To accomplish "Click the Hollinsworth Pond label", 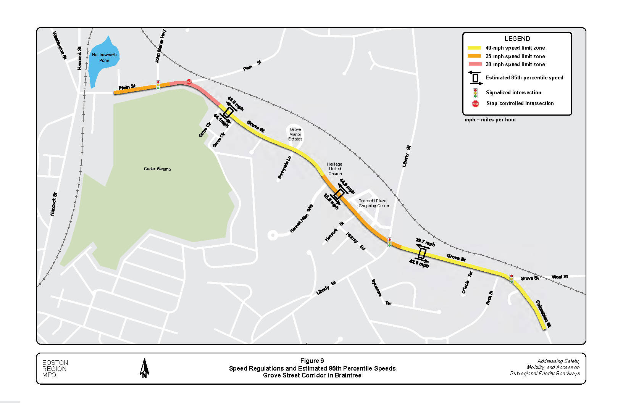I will pos(104,58).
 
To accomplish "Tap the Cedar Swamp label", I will pos(157,169).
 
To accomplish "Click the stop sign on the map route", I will pos(189,82).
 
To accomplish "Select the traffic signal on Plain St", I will pos(158,85).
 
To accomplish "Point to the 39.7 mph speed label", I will pos(425,242).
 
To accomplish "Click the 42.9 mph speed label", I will pos(419,263).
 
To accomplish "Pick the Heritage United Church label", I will pos(335,169).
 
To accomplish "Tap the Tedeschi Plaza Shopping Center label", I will pos(374,203).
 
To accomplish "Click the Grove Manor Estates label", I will pos(295,134).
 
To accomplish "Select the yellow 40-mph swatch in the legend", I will pos(475,48).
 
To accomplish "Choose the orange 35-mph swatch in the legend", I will pos(475,56).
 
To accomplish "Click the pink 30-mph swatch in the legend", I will pos(475,64).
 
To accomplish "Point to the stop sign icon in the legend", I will pos(475,103).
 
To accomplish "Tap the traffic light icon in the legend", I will pos(475,93).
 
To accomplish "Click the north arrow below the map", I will pos(144,368).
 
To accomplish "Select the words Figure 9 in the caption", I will pos(312,361).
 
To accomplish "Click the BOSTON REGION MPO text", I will pos(55,369).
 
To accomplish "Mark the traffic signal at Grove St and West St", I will pos(512,279).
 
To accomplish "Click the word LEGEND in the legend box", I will pos(517,39).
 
